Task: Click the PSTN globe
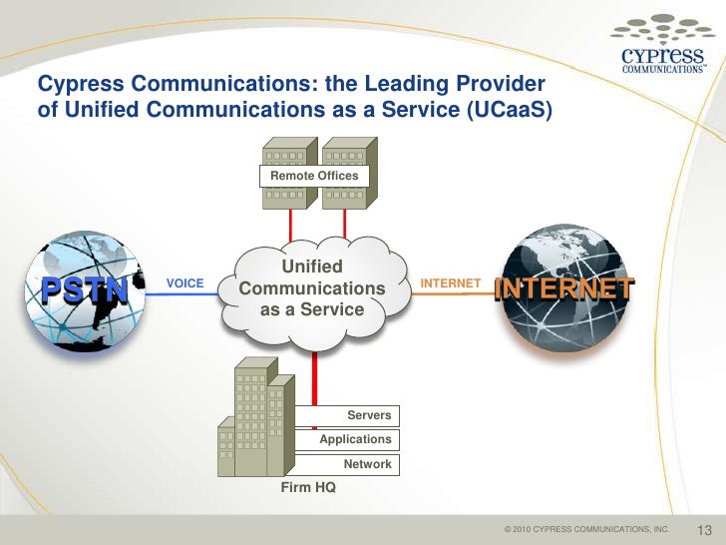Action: click(85, 289)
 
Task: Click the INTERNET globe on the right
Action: click(562, 289)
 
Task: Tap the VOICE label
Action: click(184, 284)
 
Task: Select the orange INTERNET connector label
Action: click(451, 284)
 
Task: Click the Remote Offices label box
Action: click(314, 177)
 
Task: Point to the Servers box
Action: click(368, 415)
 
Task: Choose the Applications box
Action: click(355, 440)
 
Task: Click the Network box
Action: click(367, 465)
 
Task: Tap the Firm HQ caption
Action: click(310, 488)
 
